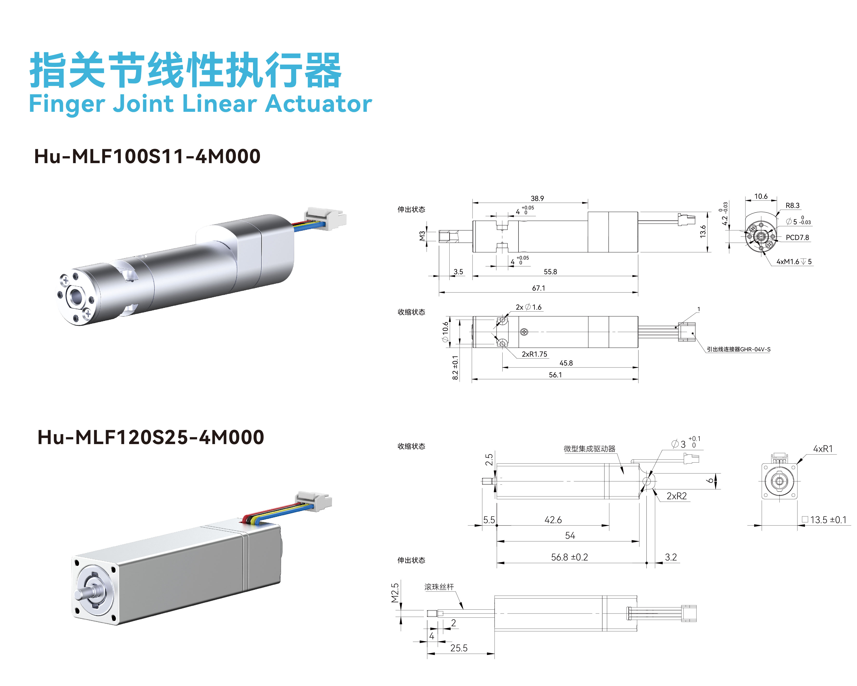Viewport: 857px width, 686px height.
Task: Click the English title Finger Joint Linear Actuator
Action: point(200,104)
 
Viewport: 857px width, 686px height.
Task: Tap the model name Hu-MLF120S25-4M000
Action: point(151,437)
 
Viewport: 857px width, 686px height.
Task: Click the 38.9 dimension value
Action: point(537,198)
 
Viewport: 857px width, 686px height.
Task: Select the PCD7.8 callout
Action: point(797,237)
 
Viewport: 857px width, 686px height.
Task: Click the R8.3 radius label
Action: point(792,206)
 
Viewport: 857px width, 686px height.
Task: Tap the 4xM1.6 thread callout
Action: point(794,261)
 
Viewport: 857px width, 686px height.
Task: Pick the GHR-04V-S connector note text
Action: point(738,349)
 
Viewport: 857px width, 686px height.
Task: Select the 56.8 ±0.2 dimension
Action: point(569,557)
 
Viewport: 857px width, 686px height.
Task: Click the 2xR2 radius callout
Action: point(677,496)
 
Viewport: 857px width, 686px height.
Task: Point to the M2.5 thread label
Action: point(395,593)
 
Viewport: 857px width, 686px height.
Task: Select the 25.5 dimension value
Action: point(459,648)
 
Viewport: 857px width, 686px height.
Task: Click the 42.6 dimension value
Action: point(553,520)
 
